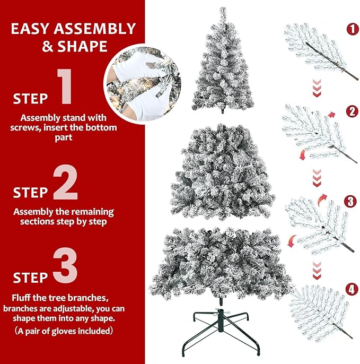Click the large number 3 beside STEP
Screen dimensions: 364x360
pos(65,268)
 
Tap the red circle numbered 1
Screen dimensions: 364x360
pos(352,30)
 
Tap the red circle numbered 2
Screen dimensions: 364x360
pos(352,112)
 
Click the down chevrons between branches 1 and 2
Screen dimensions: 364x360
pos(317,87)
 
